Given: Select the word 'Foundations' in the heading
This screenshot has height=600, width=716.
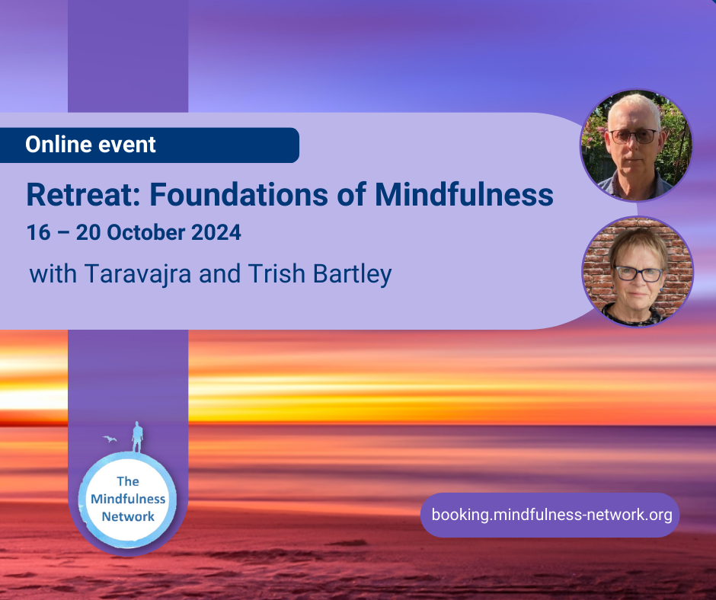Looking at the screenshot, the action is click(238, 195).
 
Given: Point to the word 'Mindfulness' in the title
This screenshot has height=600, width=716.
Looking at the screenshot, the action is click(464, 195).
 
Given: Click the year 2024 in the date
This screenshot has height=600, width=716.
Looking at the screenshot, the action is click(216, 232).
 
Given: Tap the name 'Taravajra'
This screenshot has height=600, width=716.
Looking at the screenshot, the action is click(137, 274).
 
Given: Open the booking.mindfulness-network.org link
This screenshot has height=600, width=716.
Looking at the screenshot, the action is click(551, 515).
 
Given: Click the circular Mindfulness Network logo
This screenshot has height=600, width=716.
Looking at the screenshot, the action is click(128, 499).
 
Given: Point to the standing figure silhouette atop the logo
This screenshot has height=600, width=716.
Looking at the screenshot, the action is click(137, 437).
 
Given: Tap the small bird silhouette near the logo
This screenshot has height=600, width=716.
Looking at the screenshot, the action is click(110, 439).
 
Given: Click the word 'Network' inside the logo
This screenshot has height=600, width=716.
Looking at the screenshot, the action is click(128, 516).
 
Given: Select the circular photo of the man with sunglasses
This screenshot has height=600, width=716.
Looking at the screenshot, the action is click(636, 145).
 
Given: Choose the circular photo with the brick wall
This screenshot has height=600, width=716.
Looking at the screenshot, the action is click(638, 272).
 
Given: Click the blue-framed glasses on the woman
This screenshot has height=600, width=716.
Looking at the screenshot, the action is click(639, 273).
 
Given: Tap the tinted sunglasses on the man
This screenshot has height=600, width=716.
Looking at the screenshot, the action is click(633, 136).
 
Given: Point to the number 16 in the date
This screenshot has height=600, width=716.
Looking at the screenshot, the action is click(38, 232).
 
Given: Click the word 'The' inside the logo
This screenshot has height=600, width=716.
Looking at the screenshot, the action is click(128, 481).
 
